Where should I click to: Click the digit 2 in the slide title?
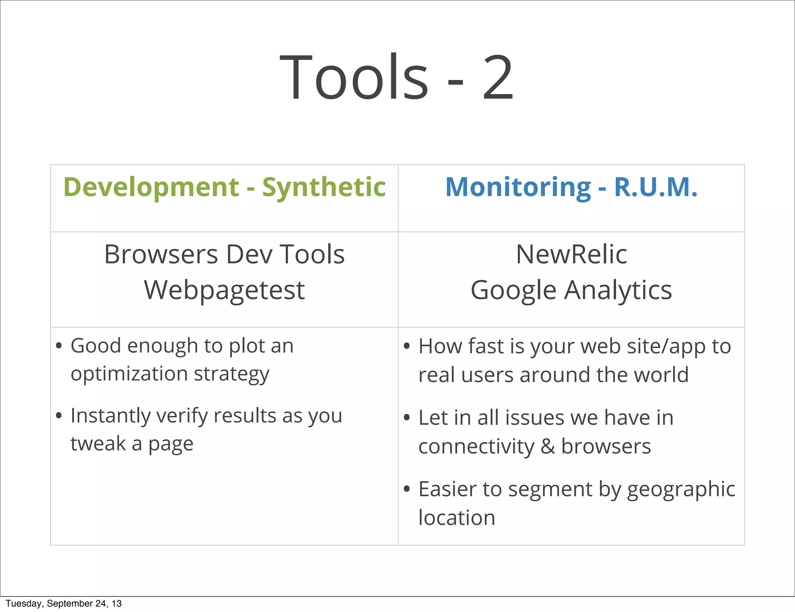498,77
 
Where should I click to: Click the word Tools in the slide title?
354,77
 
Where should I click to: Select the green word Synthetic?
324,188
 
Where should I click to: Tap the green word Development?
151,188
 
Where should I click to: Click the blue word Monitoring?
518,188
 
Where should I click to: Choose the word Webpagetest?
224,290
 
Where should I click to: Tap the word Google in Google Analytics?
513,291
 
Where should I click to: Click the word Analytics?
618,291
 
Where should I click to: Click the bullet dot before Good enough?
59,345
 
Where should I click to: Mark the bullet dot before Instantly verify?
59,416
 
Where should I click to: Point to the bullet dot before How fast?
406,346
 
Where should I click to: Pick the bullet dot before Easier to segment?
406,489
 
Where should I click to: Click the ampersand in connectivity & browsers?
547,446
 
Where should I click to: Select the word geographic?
681,489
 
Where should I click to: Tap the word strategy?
231,374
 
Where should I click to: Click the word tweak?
98,443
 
